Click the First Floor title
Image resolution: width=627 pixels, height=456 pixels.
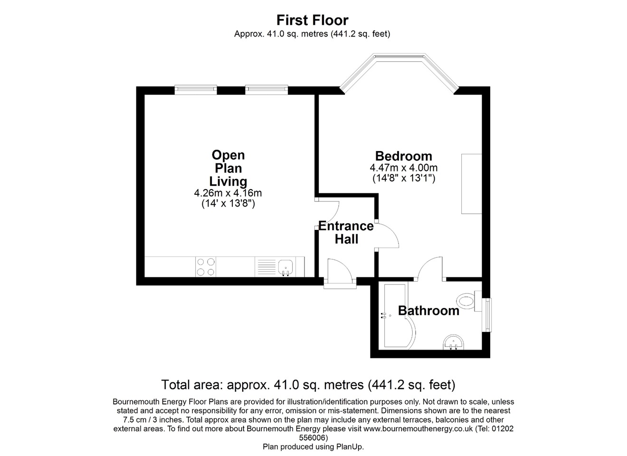pyautogui.click(x=313, y=20)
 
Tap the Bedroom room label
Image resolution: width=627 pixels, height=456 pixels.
pyautogui.click(x=403, y=156)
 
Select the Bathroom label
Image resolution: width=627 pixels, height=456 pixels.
pyautogui.click(x=428, y=311)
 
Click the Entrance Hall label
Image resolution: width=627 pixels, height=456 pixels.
pyautogui.click(x=346, y=232)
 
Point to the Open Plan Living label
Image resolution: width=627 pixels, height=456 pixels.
pyautogui.click(x=228, y=168)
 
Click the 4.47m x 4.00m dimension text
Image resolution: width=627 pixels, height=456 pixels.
pyautogui.click(x=403, y=168)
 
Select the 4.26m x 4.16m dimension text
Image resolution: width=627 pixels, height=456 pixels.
pyautogui.click(x=228, y=193)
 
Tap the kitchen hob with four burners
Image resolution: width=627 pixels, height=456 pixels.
pyautogui.click(x=205, y=266)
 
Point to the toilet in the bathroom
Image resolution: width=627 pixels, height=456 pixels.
pyautogui.click(x=467, y=300)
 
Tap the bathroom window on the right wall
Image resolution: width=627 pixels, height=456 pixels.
pyautogui.click(x=487, y=314)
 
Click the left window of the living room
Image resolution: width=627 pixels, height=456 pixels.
pyautogui.click(x=196, y=88)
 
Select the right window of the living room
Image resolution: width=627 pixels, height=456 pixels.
pyautogui.click(x=266, y=88)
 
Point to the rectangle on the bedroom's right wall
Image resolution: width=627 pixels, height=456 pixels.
pyautogui.click(x=471, y=184)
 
